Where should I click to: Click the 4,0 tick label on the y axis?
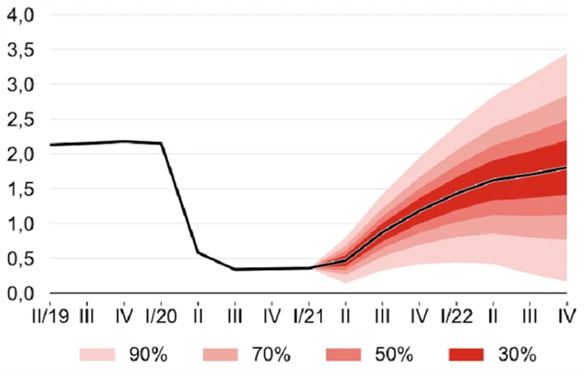pos(19,16)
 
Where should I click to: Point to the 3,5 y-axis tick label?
pos(19,50)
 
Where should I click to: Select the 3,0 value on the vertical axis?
pos(19,85)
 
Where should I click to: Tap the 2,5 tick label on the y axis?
pos(19,120)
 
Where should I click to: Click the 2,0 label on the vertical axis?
pos(19,155)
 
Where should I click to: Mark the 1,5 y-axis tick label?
pos(19,189)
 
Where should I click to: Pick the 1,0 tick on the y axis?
pos(19,224)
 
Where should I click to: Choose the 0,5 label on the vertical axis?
pos(19,259)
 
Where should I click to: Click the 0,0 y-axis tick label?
pos(19,294)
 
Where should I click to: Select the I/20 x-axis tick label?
pos(161,316)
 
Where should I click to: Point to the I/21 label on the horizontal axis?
pos(308,316)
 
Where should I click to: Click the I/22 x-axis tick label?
pos(455,316)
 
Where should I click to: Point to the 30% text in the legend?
pos(519,354)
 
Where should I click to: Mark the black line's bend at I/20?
pos(162,143)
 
